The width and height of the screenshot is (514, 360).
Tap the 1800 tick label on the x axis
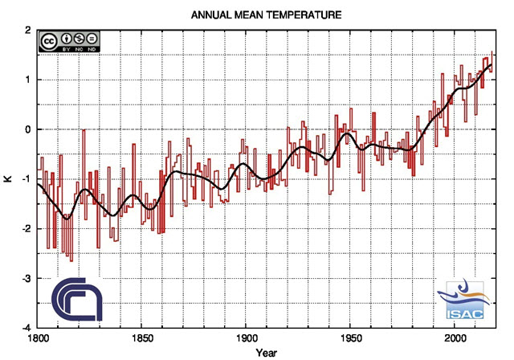click(37, 338)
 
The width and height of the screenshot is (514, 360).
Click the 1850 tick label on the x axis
click(141, 338)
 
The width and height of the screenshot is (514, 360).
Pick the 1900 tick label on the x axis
click(246, 338)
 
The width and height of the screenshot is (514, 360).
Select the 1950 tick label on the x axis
click(350, 338)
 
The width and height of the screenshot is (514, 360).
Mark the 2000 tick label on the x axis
click(455, 338)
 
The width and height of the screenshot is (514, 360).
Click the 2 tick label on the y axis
click(28, 31)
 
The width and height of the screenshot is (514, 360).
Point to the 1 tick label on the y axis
click(28, 80)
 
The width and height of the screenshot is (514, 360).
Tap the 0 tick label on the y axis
click(28, 129)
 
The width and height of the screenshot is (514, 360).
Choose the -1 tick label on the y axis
click(27, 179)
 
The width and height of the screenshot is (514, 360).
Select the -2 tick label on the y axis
click(27, 229)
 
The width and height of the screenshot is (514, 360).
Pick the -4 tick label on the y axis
click(27, 328)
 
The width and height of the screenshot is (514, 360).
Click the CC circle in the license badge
click(48, 40)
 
